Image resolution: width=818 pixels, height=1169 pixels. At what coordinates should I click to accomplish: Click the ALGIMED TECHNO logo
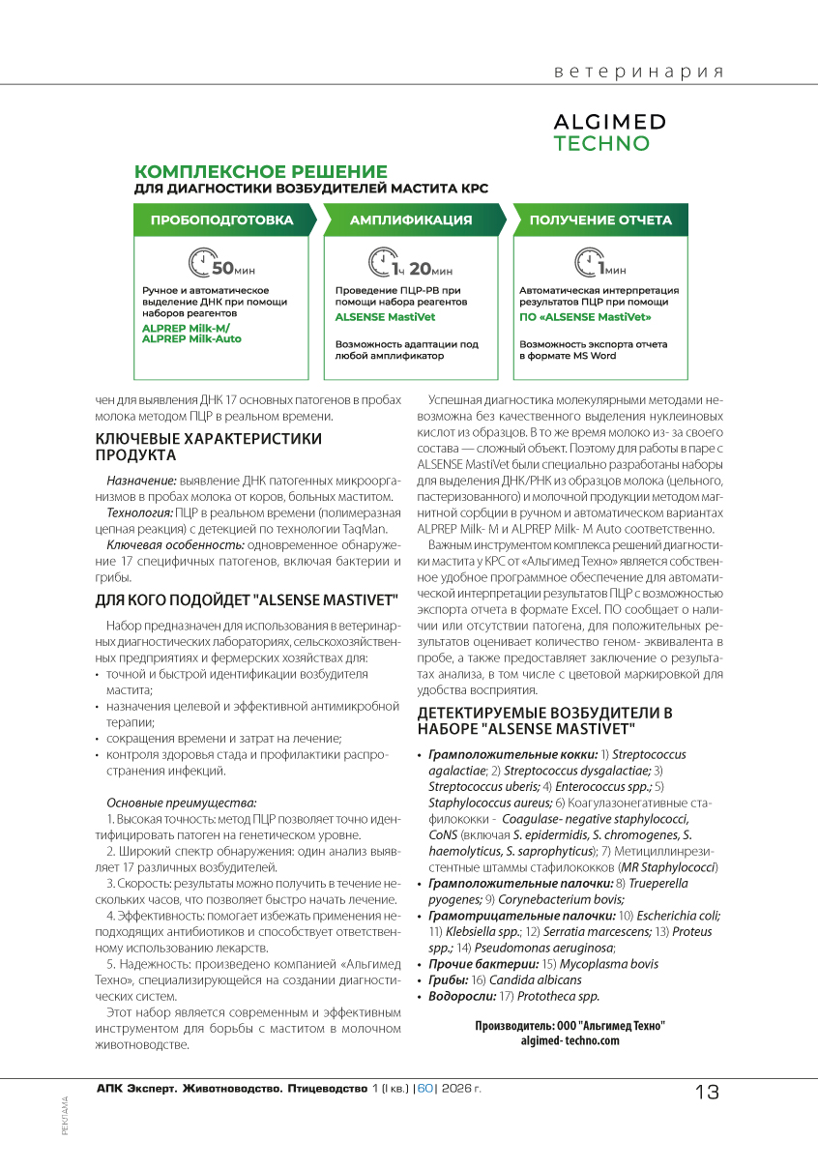609,132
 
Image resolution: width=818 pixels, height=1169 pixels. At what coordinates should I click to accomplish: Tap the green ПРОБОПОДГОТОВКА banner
221,220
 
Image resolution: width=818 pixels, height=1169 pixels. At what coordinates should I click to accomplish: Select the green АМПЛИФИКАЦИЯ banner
411,220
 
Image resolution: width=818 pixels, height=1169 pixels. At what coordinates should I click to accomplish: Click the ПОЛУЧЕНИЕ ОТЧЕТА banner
599,220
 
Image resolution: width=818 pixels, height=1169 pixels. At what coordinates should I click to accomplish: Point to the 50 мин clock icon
201,264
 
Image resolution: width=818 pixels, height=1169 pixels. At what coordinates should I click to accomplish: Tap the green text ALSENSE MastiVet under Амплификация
385,316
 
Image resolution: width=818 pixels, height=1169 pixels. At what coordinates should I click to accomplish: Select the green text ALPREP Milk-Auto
191,339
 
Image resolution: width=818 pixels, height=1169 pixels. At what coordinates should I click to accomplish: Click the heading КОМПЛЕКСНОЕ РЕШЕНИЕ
260,171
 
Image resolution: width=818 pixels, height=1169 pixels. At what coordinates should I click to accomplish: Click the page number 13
707,1093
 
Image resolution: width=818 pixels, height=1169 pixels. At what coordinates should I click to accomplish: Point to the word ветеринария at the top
639,73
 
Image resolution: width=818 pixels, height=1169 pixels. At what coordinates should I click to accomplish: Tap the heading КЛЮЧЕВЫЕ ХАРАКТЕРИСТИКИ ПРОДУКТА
208,447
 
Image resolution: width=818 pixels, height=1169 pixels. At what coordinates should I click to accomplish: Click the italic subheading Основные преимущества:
181,803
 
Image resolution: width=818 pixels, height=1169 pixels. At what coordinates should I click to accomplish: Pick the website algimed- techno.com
570,1040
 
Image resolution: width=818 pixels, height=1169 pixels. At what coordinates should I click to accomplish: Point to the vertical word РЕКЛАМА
65,1115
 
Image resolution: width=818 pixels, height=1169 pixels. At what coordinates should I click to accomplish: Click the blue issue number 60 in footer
425,1089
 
